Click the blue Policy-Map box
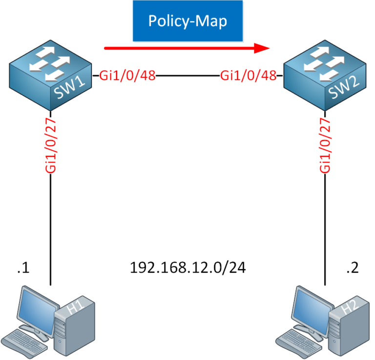click(x=187, y=22)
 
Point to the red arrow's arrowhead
click(x=264, y=48)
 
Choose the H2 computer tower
click(x=351, y=324)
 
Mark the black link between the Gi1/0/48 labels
click(x=187, y=76)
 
